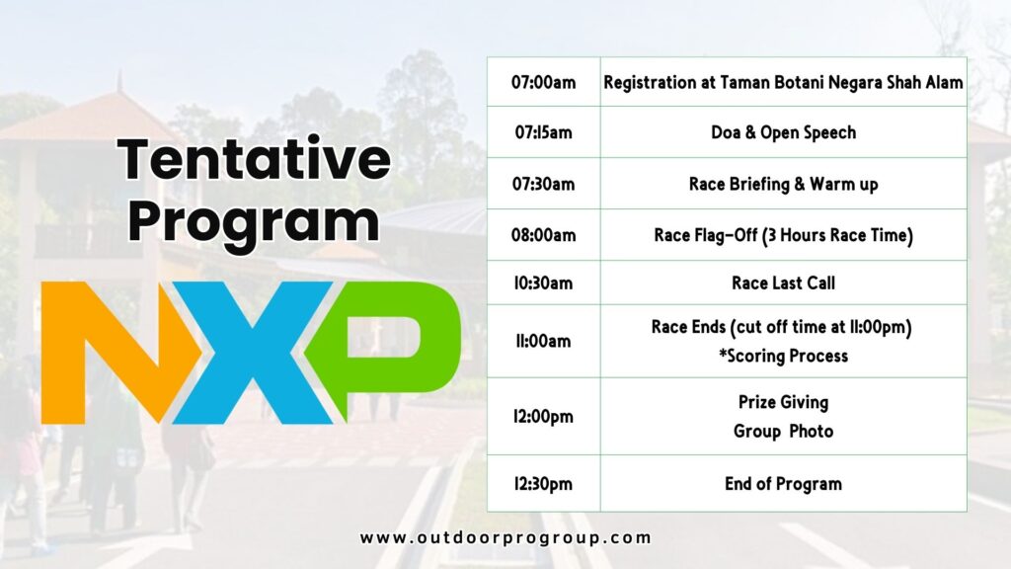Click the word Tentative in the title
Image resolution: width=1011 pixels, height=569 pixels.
tap(254, 158)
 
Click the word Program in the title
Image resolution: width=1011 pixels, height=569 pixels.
tap(254, 222)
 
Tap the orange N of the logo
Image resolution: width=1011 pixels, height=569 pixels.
tap(119, 353)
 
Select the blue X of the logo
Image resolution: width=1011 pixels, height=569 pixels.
tap(253, 353)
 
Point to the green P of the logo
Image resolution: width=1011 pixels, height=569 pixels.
tap(384, 349)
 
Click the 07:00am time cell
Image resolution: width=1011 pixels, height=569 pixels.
tap(544, 83)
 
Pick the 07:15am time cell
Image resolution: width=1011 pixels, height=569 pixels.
tap(544, 133)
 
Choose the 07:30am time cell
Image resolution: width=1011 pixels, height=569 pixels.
tap(544, 184)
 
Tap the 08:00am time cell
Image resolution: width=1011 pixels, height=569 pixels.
tap(544, 235)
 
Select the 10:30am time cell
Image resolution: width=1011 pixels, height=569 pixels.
tap(544, 283)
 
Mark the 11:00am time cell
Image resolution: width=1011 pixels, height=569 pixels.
tap(544, 341)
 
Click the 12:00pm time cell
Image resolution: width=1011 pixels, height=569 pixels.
tap(544, 417)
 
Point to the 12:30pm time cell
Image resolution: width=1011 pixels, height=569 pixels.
tap(544, 484)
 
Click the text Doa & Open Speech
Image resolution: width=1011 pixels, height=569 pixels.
tap(783, 133)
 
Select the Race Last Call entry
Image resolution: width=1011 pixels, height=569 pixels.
tap(783, 283)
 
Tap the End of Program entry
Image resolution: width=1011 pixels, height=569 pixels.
tap(783, 484)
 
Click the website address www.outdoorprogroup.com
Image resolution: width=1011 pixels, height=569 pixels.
tap(505, 538)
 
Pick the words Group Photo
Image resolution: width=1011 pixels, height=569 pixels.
tap(783, 431)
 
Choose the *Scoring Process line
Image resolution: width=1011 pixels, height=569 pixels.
tap(783, 356)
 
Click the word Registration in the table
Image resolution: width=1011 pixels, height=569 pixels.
tap(649, 83)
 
